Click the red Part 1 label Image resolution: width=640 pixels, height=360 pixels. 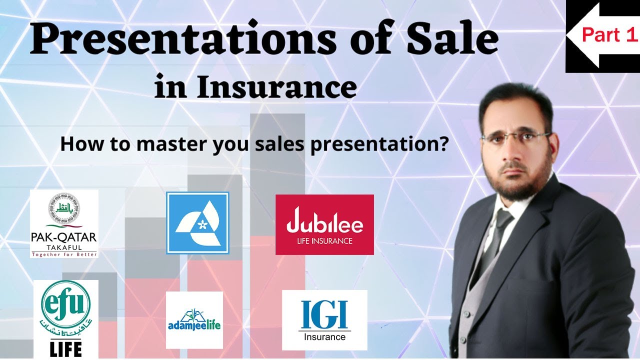pos(610,35)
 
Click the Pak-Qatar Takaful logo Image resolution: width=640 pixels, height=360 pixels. pos(64,223)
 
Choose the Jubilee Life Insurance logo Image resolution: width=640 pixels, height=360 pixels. pos(324,224)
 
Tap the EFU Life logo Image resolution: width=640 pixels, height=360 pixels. pos(66,318)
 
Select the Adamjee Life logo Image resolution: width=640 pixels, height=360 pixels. pos(194,320)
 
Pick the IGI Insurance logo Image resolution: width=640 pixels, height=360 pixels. pos(324,320)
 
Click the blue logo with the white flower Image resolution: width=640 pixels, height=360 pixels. pos(197,223)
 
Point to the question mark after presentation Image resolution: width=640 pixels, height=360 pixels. pos(442,144)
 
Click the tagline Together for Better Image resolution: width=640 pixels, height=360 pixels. pos(64,254)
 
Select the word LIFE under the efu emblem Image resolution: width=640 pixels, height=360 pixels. pos(66,348)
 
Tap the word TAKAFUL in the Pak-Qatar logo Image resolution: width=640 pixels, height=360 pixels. pos(64,246)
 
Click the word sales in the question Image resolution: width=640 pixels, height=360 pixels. pos(280,144)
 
